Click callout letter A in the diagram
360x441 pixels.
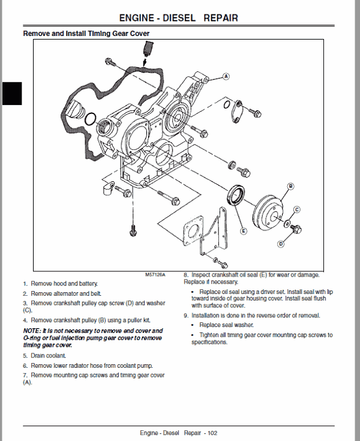(226, 76)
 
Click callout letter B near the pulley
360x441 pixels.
(290, 186)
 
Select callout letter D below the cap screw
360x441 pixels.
(280, 244)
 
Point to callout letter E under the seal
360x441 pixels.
(243, 230)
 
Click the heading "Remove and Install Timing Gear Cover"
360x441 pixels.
(86, 34)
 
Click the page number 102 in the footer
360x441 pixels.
(212, 433)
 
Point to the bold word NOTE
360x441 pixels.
(32, 331)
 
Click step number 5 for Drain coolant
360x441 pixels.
(25, 356)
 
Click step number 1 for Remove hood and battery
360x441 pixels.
(25, 283)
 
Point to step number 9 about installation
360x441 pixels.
(186, 316)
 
